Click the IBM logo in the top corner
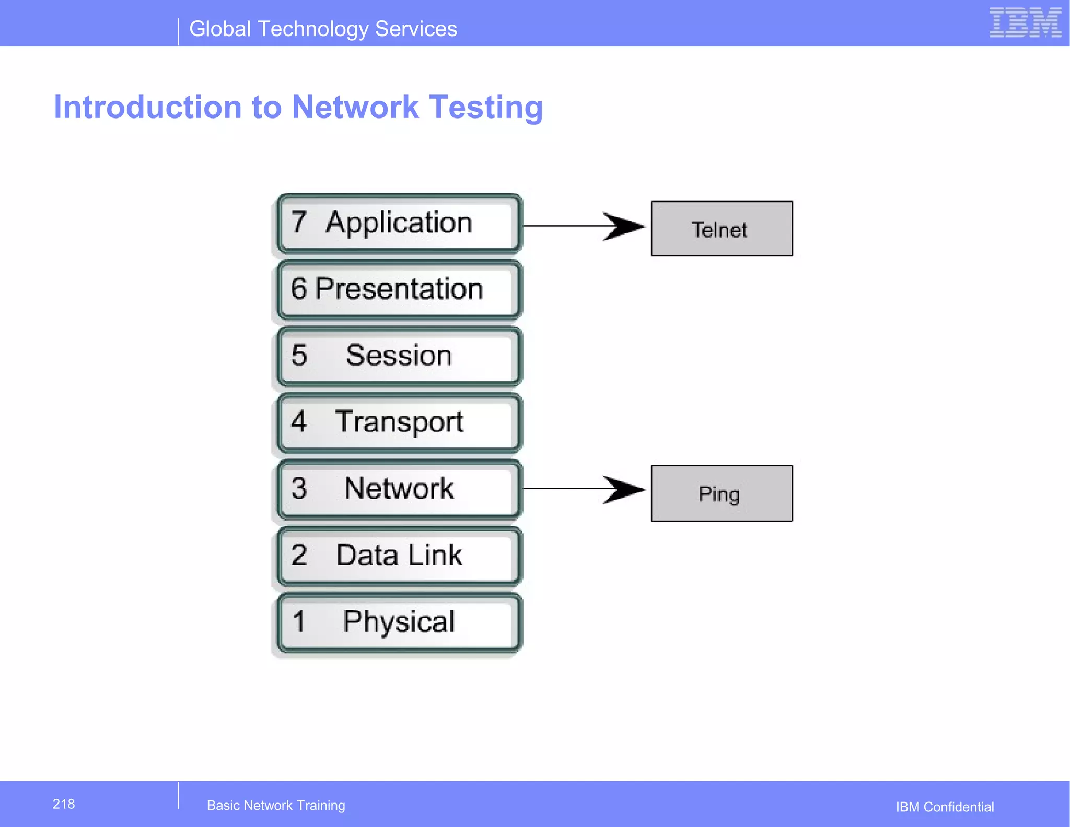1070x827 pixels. click(x=1025, y=22)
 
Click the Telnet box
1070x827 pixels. click(x=722, y=229)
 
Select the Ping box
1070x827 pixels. click(x=722, y=493)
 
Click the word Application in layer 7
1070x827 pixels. click(x=399, y=223)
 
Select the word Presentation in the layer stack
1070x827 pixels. click(x=399, y=289)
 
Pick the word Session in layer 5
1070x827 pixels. click(x=399, y=356)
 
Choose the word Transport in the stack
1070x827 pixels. click(x=399, y=422)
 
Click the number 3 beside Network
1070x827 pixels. click(x=299, y=489)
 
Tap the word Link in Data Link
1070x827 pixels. click(x=435, y=555)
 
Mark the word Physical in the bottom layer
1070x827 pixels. click(x=399, y=622)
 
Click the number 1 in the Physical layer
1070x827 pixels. click(x=299, y=622)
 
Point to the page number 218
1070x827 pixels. click(x=64, y=804)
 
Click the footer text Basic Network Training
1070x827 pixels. click(x=276, y=806)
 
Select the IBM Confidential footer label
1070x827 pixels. click(x=945, y=807)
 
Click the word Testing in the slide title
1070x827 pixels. click(x=486, y=108)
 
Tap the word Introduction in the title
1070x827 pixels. click(x=148, y=107)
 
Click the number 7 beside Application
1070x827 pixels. click(x=299, y=222)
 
